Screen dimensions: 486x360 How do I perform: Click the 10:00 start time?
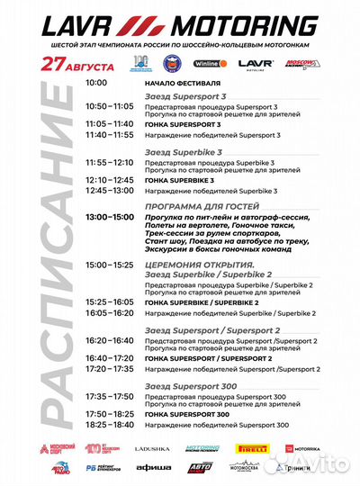97,82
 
